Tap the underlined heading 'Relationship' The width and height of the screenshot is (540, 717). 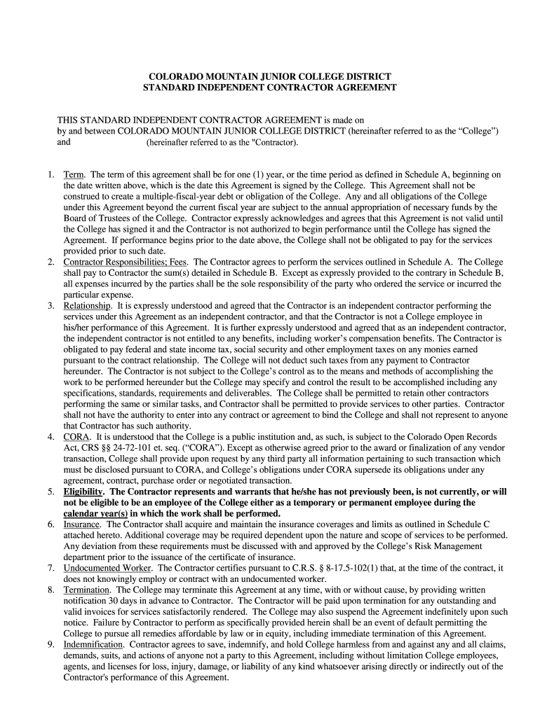point(87,306)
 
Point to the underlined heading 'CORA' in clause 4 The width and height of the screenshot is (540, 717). point(75,437)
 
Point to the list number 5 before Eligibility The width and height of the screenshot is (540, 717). point(51,492)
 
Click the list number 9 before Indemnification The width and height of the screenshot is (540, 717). point(51,645)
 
